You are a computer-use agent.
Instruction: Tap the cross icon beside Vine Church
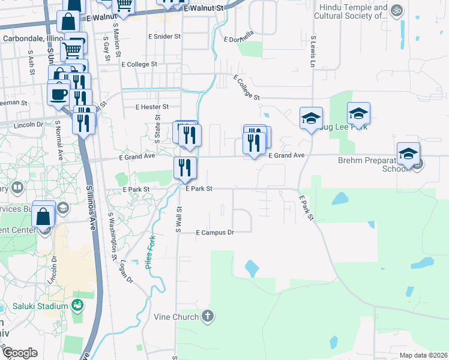click(x=208, y=316)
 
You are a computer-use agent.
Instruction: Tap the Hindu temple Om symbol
click(x=396, y=10)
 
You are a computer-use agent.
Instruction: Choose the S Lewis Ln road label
click(x=313, y=50)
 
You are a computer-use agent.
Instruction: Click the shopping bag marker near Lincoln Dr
click(x=44, y=215)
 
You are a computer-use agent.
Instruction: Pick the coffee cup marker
click(x=58, y=94)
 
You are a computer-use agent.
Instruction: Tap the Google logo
click(x=19, y=353)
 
